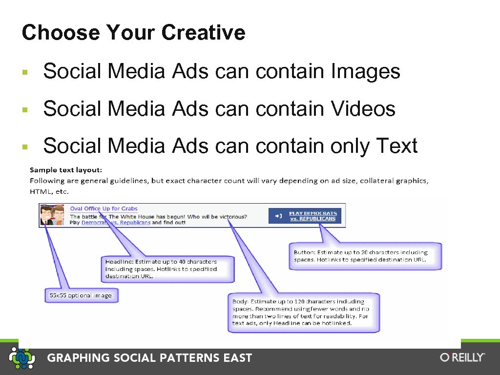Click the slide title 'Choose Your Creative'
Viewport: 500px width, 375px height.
pos(133,33)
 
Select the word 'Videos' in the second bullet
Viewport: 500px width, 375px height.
pos(363,108)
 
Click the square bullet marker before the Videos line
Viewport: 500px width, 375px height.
pos(25,109)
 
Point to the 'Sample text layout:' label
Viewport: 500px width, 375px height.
pos(66,170)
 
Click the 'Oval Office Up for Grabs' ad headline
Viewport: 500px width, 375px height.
pos(104,209)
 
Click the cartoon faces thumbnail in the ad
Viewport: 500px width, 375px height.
pos(52,215)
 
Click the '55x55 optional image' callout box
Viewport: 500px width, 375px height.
pos(81,295)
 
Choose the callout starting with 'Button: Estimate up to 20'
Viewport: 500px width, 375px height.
pos(365,256)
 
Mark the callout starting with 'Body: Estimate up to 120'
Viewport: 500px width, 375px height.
pos(303,312)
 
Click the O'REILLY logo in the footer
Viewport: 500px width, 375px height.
pos(462,357)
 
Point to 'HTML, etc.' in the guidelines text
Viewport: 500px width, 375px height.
pos(49,191)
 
